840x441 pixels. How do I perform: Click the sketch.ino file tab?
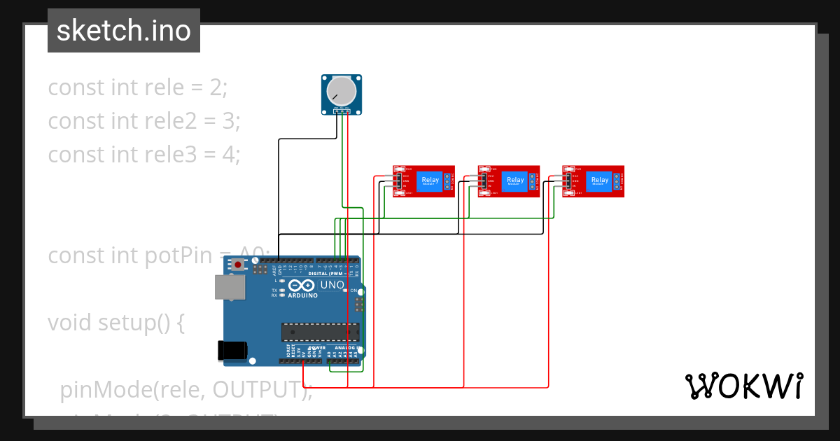(124, 31)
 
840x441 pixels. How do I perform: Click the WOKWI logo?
(743, 386)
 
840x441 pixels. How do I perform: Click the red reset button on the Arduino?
(239, 265)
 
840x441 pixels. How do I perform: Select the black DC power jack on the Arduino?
(232, 350)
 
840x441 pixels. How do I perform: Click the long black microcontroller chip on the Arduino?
(320, 332)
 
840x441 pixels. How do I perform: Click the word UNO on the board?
(332, 286)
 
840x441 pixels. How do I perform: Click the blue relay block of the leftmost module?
(430, 181)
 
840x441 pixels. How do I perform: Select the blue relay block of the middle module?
(515, 181)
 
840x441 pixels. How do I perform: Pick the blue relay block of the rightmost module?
(600, 181)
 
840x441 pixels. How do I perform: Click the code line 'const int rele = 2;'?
(137, 87)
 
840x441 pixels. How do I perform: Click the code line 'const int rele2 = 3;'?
(144, 120)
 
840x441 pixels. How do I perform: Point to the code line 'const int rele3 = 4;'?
(144, 154)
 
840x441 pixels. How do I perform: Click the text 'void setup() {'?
(116, 323)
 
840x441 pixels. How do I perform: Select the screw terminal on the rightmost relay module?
(617, 182)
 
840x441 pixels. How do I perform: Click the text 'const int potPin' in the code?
(126, 255)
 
